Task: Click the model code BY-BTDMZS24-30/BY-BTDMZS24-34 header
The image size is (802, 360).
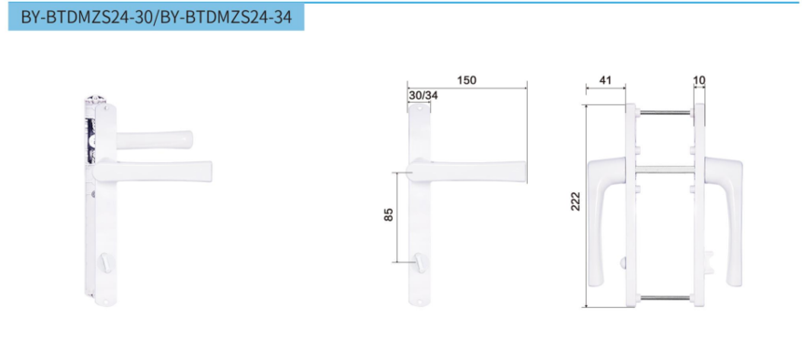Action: [156, 17]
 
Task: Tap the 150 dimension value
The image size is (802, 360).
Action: [466, 80]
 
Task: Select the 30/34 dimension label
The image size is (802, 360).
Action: [423, 95]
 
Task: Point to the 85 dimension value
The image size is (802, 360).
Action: [389, 215]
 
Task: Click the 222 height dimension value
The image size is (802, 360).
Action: [576, 201]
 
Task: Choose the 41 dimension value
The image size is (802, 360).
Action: [604, 80]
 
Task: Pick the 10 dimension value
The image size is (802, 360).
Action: [698, 80]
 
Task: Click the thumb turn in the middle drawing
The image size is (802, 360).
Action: [420, 262]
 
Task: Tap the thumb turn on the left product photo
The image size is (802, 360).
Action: [107, 262]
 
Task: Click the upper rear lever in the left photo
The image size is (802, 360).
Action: [155, 140]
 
